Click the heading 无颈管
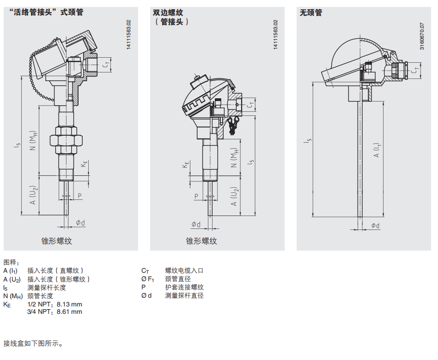pos(311,12)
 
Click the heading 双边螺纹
pos(168,12)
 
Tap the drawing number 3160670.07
pos(422,36)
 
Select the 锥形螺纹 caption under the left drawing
pos(57,241)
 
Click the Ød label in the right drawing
pos(376,225)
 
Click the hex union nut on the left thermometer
pos(66,140)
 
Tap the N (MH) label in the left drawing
pos(33,140)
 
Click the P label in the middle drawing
pos(196,196)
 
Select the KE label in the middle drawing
pos(186,164)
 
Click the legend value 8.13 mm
pos(70,304)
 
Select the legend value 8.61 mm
pos(70,312)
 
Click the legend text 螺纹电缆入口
pos(184,270)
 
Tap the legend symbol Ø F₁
pos(147,279)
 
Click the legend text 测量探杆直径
pos(184,295)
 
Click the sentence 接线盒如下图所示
pos(33,343)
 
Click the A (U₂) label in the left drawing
pos(33,195)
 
